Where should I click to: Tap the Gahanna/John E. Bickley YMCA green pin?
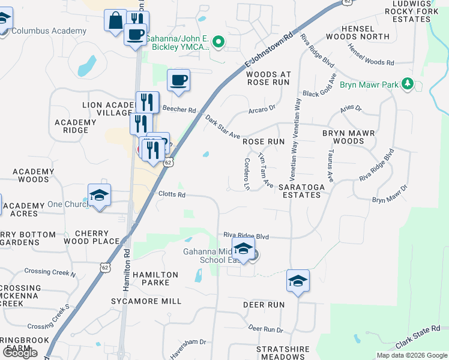218,42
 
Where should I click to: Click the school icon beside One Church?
100,196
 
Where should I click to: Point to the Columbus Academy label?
49,31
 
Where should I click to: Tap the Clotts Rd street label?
172,194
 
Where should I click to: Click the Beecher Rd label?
179,110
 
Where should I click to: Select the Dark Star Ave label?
222,128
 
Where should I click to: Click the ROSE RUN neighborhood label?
263,142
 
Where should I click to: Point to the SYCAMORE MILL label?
146,301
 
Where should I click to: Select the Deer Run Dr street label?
265,329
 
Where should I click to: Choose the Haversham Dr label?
188,349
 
